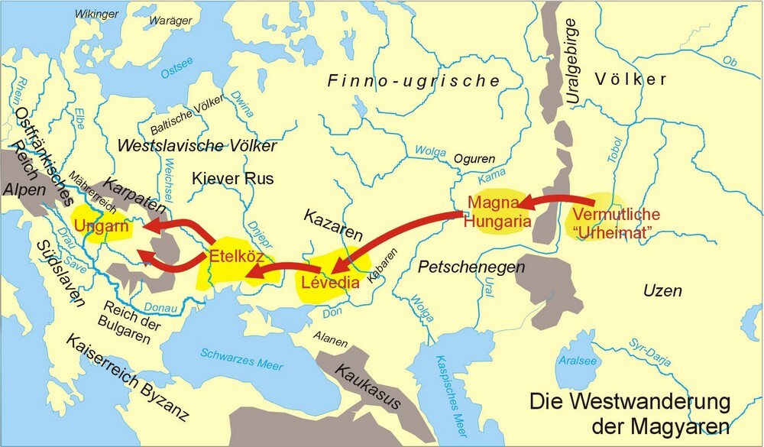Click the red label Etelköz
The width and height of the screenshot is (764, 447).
click(235, 255)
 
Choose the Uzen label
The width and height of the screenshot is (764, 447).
click(662, 291)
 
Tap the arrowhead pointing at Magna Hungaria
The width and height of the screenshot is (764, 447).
click(523, 204)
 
